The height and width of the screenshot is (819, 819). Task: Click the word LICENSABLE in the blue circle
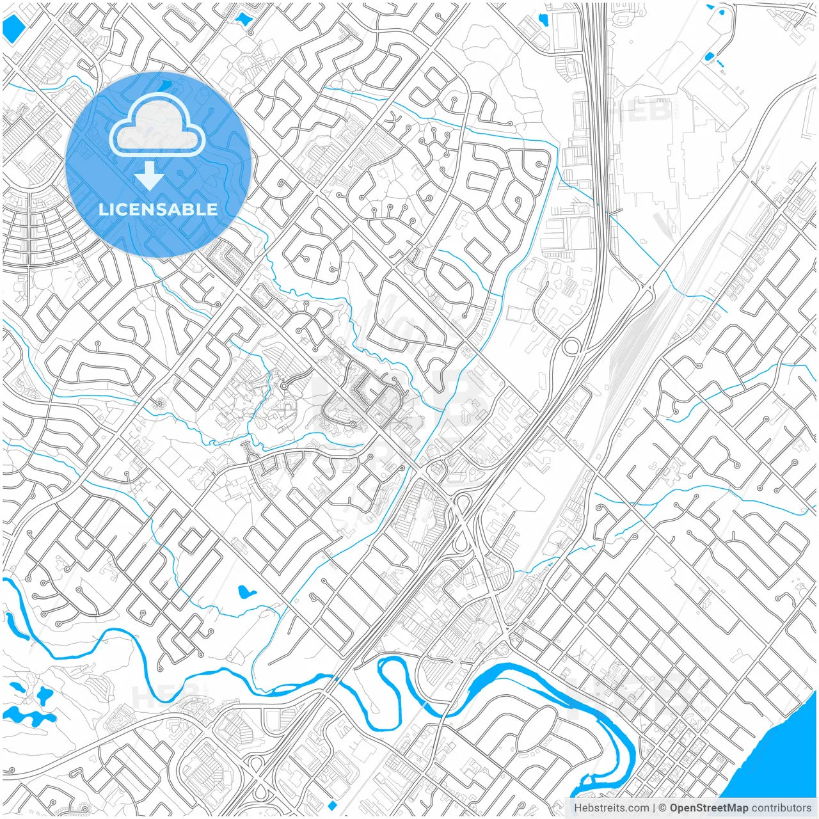coord(158,209)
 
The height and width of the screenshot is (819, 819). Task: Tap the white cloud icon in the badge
coord(157,128)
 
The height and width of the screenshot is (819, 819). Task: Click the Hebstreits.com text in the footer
coord(611,808)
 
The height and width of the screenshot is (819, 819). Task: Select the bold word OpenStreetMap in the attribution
coord(709,808)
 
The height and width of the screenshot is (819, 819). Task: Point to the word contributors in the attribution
coord(781,808)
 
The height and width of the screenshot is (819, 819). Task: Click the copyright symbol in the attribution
coord(662,808)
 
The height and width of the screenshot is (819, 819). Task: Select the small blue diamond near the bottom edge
coord(331,804)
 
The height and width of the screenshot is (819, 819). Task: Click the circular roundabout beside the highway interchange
coord(571,347)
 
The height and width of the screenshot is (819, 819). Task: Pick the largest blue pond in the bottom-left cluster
coord(26,715)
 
